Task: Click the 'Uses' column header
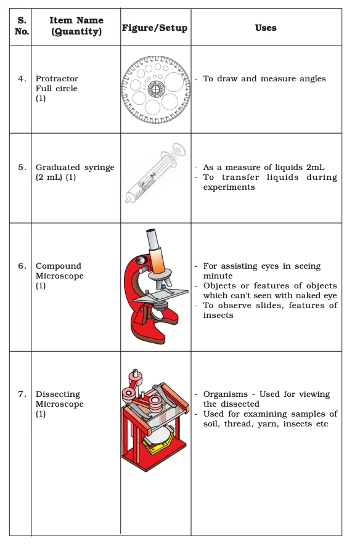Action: [266, 28]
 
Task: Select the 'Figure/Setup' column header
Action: [155, 28]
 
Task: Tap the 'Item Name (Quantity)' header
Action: [76, 26]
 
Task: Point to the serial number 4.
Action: [22, 79]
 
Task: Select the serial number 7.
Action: [22, 394]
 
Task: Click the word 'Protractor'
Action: [57, 79]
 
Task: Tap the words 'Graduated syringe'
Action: [75, 168]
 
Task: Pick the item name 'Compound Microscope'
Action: [59, 271]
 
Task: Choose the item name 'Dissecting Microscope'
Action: [59, 399]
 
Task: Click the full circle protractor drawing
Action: [155, 89]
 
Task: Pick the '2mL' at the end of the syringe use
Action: [315, 168]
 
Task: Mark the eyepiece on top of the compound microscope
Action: [150, 234]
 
